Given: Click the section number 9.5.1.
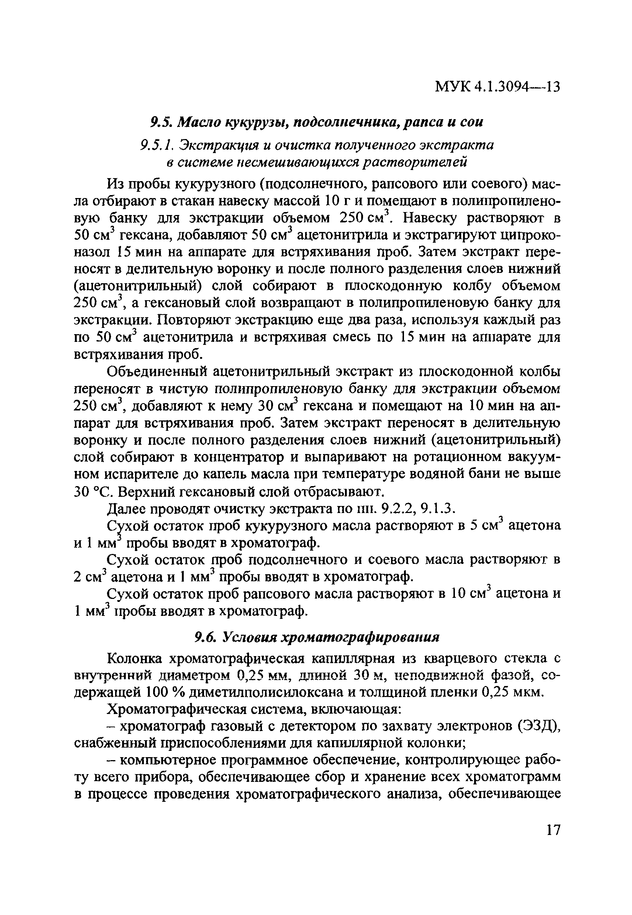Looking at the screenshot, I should click(x=157, y=146).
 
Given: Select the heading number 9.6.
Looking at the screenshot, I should click(x=204, y=638).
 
